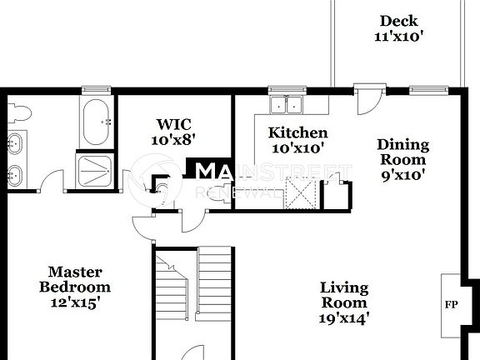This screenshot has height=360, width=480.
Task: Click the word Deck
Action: coord(398,21)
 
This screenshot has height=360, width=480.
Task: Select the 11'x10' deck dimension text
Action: coord(398,36)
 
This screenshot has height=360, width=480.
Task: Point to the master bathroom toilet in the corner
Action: coord(19,112)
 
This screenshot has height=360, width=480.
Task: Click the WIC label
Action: coord(174,124)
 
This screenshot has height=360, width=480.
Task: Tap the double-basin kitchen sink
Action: coord(286,104)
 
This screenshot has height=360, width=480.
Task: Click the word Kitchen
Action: coord(297,132)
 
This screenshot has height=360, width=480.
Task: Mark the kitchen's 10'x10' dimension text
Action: coord(297,147)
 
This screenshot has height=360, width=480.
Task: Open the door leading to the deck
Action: coord(369,98)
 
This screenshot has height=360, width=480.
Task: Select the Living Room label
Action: coord(344,295)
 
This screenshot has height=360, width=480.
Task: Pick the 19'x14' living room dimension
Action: coord(344,317)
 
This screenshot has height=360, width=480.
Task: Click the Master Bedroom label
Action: coord(74,279)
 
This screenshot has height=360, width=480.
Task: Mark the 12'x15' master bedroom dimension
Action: coord(74,302)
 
